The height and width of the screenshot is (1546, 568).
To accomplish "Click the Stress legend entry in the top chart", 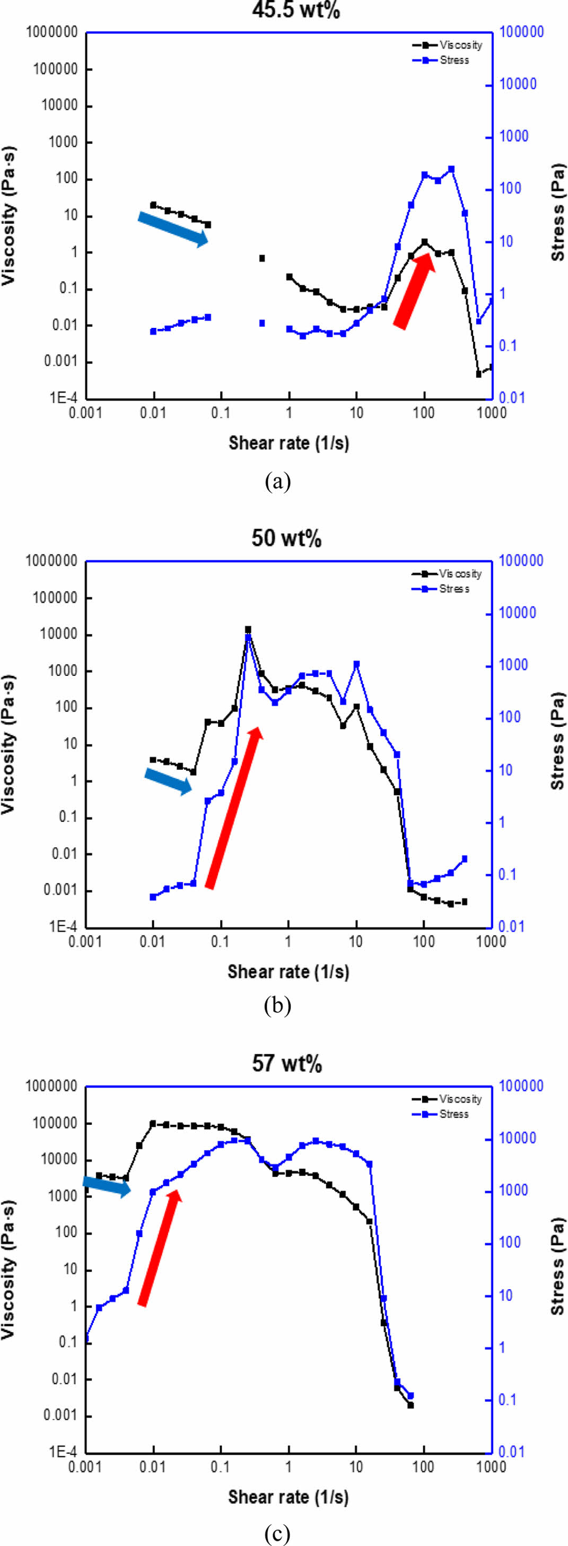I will coord(453,60).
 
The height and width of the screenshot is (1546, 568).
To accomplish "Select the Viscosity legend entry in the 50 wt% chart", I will coord(459,574).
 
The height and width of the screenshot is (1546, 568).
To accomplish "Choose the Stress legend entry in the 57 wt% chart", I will coord(453,1114).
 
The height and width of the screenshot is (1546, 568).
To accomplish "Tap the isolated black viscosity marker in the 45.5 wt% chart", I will coord(262,258).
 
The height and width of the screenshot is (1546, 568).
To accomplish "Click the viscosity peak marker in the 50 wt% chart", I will coord(248,630).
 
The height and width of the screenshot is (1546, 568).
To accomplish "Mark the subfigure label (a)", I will coord(277,481).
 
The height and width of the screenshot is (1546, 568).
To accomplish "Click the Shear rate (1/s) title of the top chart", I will coord(289,443).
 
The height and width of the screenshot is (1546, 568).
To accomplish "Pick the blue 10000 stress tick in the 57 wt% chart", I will coord(518,1139).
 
